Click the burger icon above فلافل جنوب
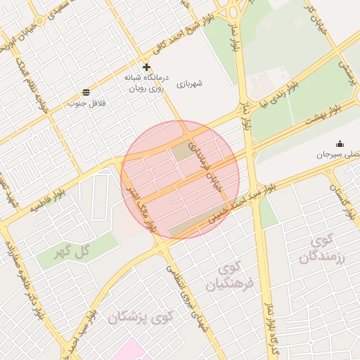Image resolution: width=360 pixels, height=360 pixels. [86, 92]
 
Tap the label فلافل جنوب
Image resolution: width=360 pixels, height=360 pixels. [86, 103]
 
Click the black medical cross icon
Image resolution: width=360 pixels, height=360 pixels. [146, 67]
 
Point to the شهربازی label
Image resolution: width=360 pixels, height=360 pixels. [190, 83]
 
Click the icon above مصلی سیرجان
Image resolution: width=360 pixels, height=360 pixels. [340, 143]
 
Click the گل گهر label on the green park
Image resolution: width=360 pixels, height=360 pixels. [72, 250]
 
